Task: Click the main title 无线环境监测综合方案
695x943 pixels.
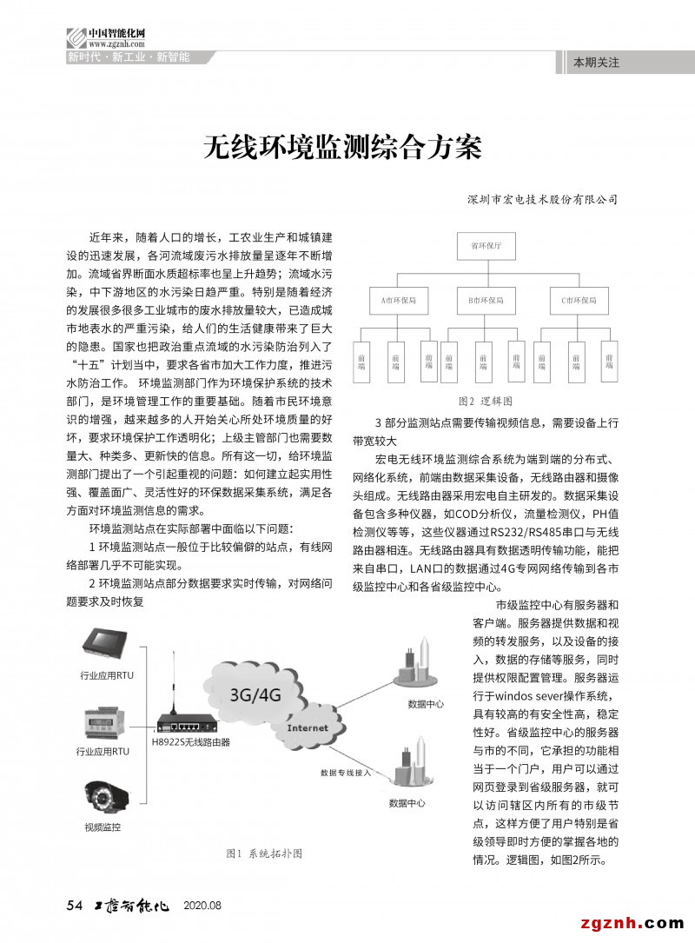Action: point(342,146)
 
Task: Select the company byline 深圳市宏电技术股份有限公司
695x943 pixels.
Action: point(542,199)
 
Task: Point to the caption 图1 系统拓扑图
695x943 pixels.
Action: point(264,853)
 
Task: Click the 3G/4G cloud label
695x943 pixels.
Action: point(254,694)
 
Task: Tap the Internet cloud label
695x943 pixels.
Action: point(308,728)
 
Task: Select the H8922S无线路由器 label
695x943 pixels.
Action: point(191,742)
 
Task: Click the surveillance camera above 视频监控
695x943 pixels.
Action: point(108,796)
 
